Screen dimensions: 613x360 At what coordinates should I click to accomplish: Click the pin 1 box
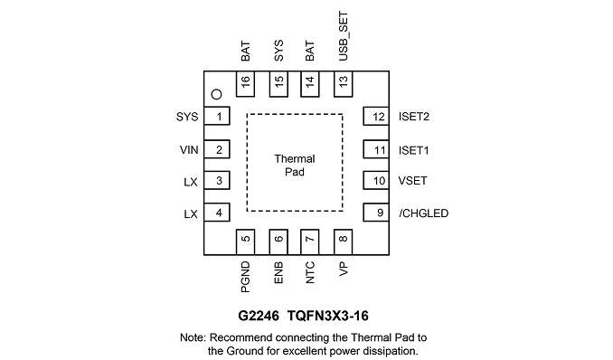[217, 116]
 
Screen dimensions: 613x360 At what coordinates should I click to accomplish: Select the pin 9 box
[376, 213]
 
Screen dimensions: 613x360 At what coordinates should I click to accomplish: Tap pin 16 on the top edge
[246, 84]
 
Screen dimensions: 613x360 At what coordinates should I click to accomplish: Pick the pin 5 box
[246, 242]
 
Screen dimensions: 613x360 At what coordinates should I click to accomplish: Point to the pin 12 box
[376, 116]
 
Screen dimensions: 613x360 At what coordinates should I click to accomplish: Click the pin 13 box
[344, 84]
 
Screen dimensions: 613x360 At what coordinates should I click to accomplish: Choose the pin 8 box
[344, 242]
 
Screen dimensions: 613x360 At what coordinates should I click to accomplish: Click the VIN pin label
[189, 150]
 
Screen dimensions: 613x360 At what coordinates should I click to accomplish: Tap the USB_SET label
[343, 36]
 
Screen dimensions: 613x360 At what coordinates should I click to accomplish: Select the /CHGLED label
[423, 213]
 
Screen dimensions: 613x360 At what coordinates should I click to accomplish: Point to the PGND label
[245, 278]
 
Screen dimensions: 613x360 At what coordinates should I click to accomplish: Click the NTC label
[309, 273]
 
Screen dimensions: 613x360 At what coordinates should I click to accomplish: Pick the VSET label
[413, 181]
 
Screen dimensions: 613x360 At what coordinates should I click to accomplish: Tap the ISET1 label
[413, 150]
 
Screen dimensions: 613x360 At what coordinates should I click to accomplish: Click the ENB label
[278, 273]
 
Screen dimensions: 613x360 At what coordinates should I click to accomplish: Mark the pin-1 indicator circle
[216, 94]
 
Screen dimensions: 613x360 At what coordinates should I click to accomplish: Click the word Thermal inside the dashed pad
[295, 159]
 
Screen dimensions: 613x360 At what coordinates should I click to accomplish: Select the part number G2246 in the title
[259, 316]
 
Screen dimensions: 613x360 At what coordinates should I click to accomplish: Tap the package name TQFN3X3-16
[328, 316]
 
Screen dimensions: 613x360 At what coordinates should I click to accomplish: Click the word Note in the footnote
[193, 337]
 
